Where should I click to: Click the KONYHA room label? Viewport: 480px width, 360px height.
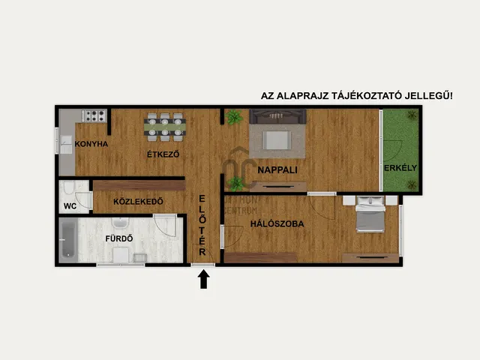(92, 143)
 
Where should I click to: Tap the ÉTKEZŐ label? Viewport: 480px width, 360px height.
(163, 154)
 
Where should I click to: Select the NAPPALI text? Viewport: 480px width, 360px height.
(277, 169)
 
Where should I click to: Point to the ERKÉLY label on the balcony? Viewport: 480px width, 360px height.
(400, 167)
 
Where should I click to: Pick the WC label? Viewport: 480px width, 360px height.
(69, 205)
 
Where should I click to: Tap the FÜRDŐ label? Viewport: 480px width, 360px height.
(118, 239)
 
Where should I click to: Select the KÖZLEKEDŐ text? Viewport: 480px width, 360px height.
(138, 202)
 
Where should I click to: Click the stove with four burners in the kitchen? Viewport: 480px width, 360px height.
(94, 115)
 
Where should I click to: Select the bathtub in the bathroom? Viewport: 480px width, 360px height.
(68, 240)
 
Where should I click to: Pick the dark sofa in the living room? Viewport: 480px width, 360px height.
(277, 115)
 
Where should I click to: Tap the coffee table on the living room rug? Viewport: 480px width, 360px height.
(277, 140)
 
